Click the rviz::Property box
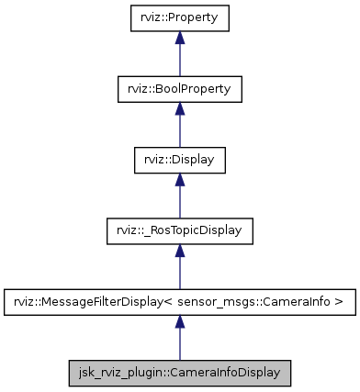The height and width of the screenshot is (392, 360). click(180, 17)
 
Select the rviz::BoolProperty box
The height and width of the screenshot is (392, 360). click(180, 89)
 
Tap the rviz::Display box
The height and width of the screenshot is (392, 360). click(180, 160)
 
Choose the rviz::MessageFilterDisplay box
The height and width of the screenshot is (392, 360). click(180, 302)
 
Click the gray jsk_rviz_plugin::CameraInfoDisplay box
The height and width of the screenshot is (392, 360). click(180, 374)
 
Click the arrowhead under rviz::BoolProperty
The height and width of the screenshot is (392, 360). click(180, 108)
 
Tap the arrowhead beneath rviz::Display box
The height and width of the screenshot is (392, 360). click(180, 180)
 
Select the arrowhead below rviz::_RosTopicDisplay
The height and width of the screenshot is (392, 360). click(180, 251)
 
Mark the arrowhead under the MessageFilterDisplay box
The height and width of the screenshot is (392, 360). click(180, 322)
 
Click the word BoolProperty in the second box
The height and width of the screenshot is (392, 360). click(195, 89)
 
